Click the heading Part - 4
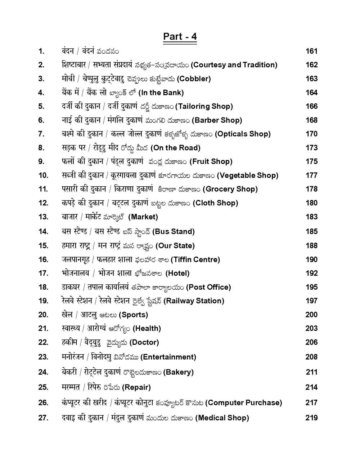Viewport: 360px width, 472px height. coord(180,37)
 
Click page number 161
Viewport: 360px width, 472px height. coord(311,51)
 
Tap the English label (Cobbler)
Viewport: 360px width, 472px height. coord(194,79)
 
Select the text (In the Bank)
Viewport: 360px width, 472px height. coord(161,93)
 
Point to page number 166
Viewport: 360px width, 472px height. coord(311,106)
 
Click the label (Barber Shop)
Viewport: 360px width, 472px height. coord(217,120)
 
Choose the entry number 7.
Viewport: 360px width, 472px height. coord(41,134)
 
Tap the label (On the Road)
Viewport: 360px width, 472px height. coord(175,148)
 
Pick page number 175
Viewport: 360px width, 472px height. coord(311,161)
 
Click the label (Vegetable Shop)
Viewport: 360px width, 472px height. coord(248,175)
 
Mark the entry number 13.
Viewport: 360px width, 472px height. coord(43,217)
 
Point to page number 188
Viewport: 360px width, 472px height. coord(311,246)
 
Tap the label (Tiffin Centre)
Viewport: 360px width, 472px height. coord(195,259)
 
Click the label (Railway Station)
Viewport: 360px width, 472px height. coord(194,301)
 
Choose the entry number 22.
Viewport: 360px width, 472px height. coord(43,342)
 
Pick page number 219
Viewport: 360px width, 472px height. coord(311,418)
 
